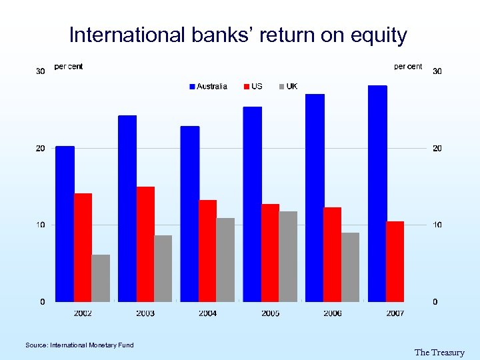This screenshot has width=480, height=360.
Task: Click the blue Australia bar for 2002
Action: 65,224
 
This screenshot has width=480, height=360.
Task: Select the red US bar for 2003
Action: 145,244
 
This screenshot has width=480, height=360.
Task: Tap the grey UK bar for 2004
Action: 225,260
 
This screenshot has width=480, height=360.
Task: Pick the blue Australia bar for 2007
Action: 377,193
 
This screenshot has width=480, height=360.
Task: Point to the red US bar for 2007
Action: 395,261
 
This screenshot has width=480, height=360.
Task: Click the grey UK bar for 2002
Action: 101,278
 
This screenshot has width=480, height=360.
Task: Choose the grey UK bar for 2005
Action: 288,257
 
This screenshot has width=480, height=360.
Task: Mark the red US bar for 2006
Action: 332,255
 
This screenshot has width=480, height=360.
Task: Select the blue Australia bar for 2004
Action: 190,214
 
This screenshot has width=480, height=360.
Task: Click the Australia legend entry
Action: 208,87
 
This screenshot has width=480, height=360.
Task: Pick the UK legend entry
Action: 288,87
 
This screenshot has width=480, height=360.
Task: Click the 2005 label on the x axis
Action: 270,313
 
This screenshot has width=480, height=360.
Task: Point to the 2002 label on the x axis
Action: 83,313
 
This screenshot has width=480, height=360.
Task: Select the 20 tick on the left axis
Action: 40,148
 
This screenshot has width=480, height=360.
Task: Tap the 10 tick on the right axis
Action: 437,225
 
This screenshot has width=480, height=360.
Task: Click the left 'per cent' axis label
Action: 69,67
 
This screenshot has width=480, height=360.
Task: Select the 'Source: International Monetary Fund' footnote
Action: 79,345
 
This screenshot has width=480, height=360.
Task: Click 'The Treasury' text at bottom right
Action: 439,353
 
